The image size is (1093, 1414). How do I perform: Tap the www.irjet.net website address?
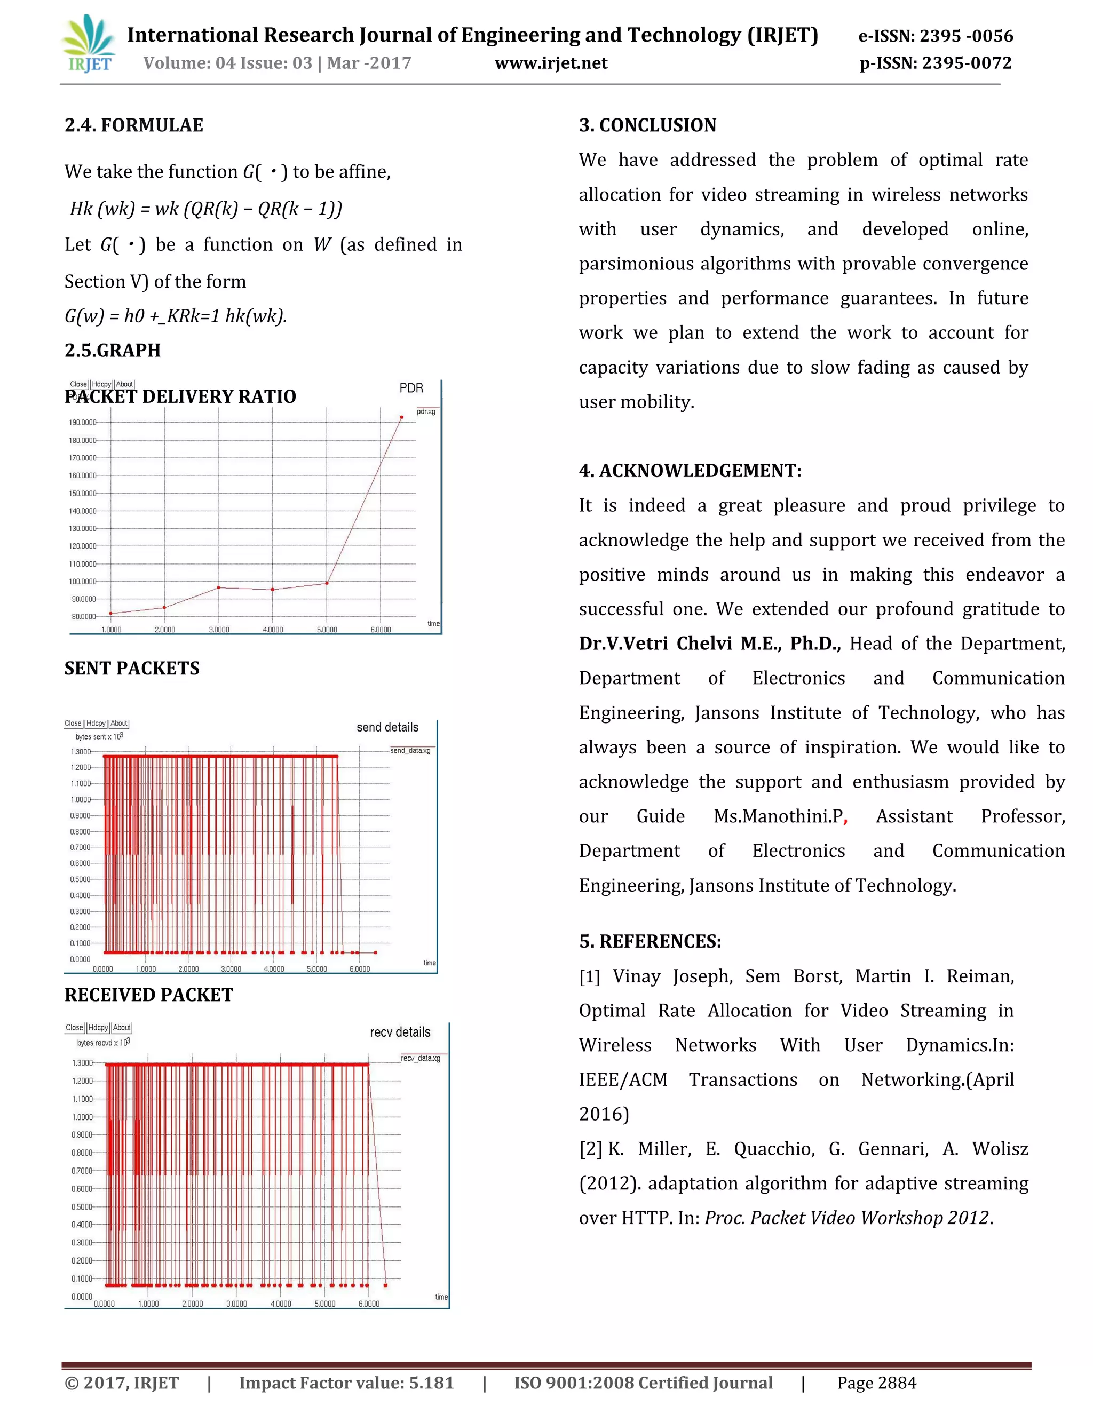(x=550, y=63)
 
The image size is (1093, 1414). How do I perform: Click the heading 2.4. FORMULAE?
(x=133, y=125)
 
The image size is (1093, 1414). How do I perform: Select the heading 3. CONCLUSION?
(x=647, y=125)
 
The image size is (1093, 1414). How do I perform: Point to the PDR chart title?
(x=410, y=388)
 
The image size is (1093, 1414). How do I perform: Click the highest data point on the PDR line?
(x=401, y=418)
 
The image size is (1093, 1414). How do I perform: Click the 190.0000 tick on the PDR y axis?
(x=83, y=422)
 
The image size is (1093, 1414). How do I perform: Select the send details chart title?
(x=387, y=727)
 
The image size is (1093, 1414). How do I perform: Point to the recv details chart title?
(x=400, y=1032)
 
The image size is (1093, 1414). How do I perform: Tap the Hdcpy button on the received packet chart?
(x=98, y=1028)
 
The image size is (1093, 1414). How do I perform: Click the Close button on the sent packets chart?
(x=73, y=723)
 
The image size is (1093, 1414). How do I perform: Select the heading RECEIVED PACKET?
(x=148, y=995)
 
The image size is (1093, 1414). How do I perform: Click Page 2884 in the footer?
(x=876, y=1383)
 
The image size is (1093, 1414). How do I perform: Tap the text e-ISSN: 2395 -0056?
(x=935, y=36)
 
